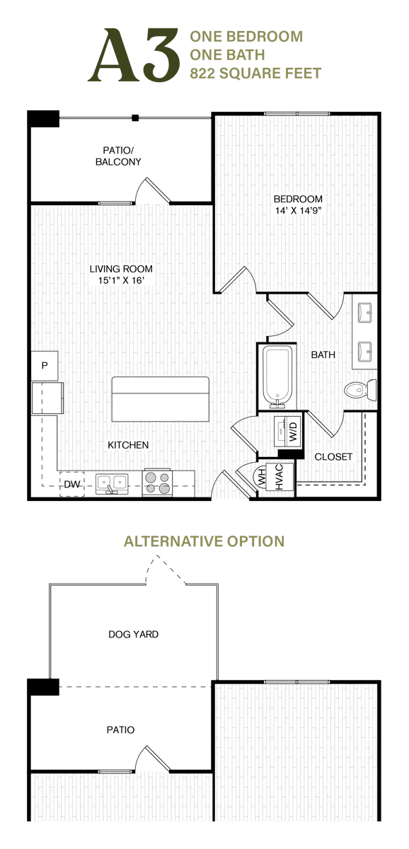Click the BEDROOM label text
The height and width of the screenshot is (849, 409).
pyautogui.click(x=297, y=199)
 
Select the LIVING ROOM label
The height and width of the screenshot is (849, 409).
pyautogui.click(x=121, y=269)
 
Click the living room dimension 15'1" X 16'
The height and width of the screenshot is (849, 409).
pyautogui.click(x=121, y=281)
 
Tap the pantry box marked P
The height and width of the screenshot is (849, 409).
pyautogui.click(x=44, y=366)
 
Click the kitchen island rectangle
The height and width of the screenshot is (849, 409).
pyautogui.click(x=161, y=398)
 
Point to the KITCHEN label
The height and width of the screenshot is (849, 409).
pyautogui.click(x=128, y=445)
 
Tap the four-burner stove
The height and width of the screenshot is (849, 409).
pyautogui.click(x=157, y=483)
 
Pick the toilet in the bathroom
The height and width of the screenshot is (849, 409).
pyautogui.click(x=359, y=388)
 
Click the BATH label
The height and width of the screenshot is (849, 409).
pyautogui.click(x=323, y=354)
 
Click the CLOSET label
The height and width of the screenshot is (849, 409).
pyautogui.click(x=333, y=457)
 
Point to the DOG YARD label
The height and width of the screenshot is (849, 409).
pyautogui.click(x=134, y=634)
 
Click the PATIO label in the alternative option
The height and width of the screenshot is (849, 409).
pyautogui.click(x=121, y=729)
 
